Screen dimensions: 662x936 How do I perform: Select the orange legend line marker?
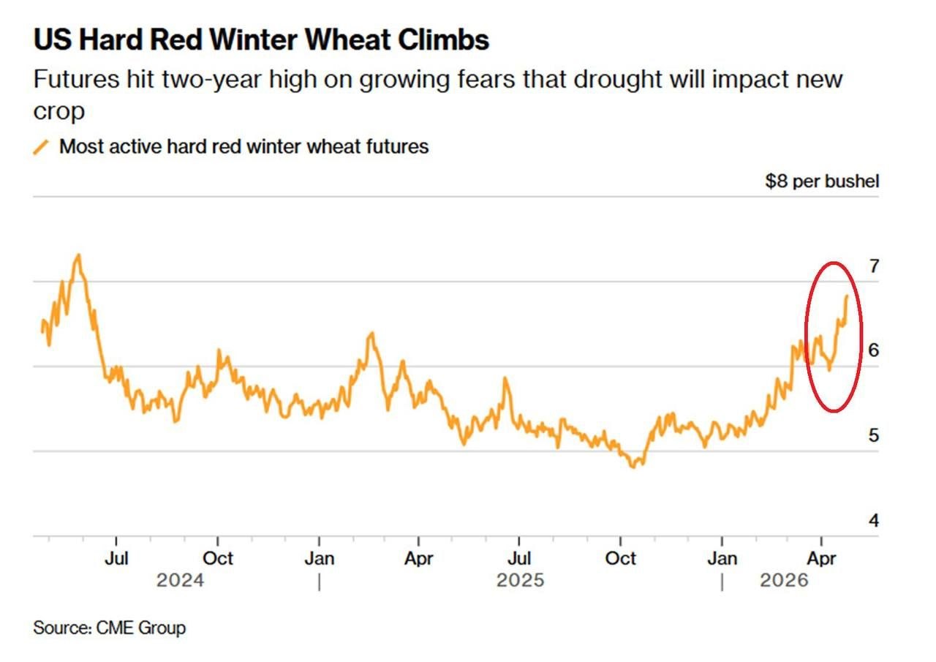pyautogui.click(x=42, y=147)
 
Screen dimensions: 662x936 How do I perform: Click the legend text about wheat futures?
pyautogui.click(x=244, y=146)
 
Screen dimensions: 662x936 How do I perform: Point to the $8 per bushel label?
pyautogui.click(x=822, y=181)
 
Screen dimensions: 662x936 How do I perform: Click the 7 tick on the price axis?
pyautogui.click(x=873, y=266)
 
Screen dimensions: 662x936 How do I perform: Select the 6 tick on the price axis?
pyautogui.click(x=873, y=350)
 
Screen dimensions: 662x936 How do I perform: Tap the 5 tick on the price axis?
pyautogui.click(x=873, y=435)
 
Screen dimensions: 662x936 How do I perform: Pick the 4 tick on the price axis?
pyautogui.click(x=873, y=520)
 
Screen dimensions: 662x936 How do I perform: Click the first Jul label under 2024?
pyautogui.click(x=116, y=559)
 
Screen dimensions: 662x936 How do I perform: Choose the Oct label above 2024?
pyautogui.click(x=217, y=559)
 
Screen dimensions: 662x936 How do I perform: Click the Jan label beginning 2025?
pyautogui.click(x=319, y=559)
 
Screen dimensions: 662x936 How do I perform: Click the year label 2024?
pyautogui.click(x=181, y=581)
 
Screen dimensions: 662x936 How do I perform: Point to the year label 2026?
pyautogui.click(x=784, y=581)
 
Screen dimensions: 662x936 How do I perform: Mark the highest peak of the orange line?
pyautogui.click(x=78, y=255)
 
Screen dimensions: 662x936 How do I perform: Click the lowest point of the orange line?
pyautogui.click(x=634, y=466)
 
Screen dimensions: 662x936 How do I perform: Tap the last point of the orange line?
pyautogui.click(x=847, y=296)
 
